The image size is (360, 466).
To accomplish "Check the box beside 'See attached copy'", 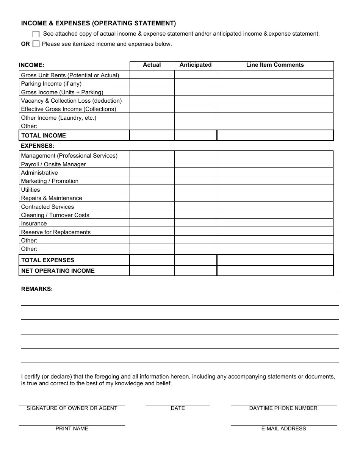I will coord(36,34).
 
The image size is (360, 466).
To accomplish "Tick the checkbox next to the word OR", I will coord(36,44).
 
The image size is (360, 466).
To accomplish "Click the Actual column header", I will coord(152,65).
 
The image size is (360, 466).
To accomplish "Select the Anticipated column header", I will coord(196,65).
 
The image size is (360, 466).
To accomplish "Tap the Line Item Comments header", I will coord(275,65).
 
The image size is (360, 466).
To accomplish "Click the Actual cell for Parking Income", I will coord(152,83).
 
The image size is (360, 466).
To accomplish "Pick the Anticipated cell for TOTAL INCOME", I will coord(196,135).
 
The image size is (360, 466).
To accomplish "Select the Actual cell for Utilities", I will coord(152,189).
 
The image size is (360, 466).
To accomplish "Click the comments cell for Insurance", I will coord(275,223).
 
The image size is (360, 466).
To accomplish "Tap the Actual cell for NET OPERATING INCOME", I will coord(152,271).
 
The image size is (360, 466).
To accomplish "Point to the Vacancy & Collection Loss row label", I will coord(71,101).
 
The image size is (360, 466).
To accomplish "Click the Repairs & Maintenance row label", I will coord(52,198).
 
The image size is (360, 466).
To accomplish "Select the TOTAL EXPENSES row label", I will coord(48,260).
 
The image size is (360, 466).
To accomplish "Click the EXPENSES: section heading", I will coord(38,146).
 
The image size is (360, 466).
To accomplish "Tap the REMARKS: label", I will coord(37,289).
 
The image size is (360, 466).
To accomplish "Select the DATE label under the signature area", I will coord(178,408).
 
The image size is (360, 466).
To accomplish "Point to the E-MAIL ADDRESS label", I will coord(283,429).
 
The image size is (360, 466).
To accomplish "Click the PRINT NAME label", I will coord(72,429).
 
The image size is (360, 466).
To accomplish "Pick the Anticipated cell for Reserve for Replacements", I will coord(196,232).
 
